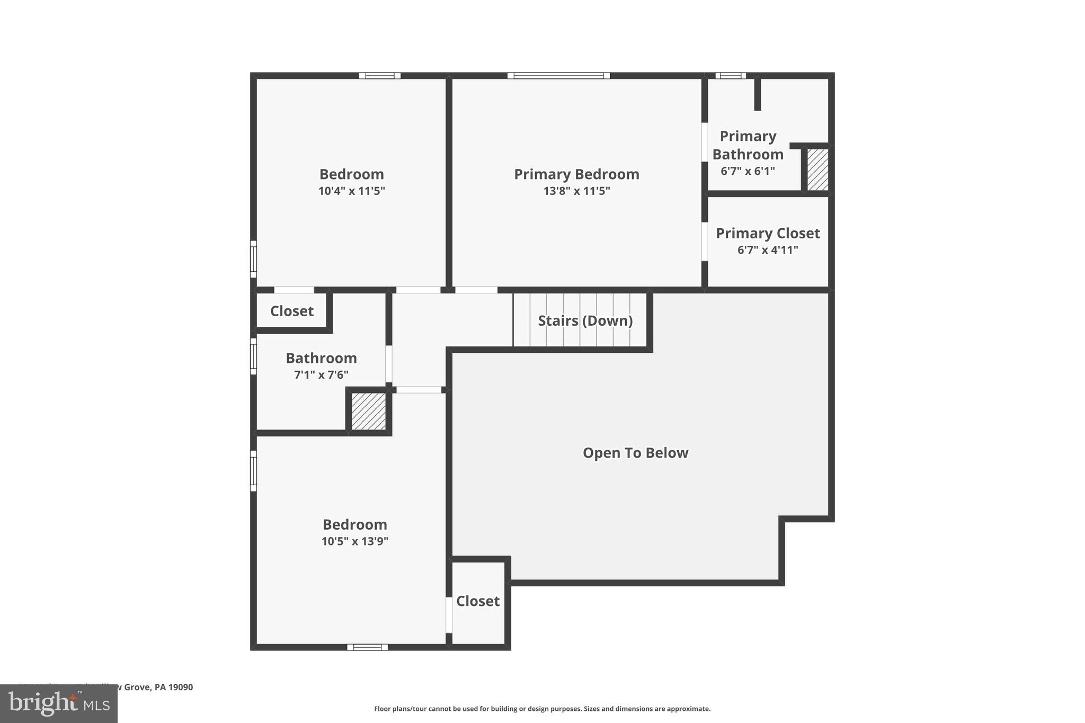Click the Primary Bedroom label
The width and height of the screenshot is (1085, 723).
tap(576, 174)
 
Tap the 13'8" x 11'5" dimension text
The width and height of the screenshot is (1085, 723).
tap(576, 191)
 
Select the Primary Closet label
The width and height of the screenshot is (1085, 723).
tap(768, 234)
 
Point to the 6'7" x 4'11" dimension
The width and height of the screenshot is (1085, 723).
tap(768, 250)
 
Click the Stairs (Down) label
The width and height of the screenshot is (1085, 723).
tap(585, 321)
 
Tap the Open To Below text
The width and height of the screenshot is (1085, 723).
tap(635, 453)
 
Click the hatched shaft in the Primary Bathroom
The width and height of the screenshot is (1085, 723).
tap(817, 169)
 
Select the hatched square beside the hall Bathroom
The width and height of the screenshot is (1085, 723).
tap(369, 411)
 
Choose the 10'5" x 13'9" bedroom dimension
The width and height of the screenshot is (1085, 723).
tap(355, 541)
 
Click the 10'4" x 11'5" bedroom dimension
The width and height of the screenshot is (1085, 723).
tap(352, 191)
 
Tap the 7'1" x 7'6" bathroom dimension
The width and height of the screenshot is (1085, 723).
tap(321, 375)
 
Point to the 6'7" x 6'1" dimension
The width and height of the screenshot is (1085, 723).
tap(748, 171)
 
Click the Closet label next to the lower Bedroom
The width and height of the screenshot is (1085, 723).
tap(478, 601)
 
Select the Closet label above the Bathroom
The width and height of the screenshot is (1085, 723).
tap(292, 311)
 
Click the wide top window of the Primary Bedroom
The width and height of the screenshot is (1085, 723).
tap(558, 76)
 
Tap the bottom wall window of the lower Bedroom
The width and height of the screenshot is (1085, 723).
tap(367, 647)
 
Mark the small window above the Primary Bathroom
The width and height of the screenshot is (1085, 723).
tap(730, 76)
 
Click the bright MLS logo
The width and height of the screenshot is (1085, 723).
tap(58, 703)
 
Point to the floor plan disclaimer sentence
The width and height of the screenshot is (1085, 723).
tap(542, 709)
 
